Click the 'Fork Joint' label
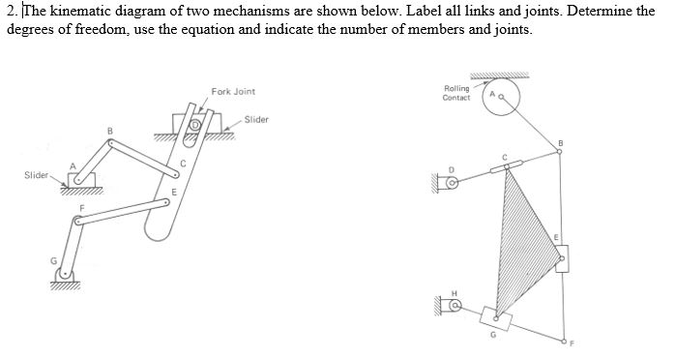pyautogui.click(x=232, y=92)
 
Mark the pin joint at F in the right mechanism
pyautogui.click(x=563, y=342)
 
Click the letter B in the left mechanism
pyautogui.click(x=109, y=131)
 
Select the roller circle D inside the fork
pyautogui.click(x=195, y=127)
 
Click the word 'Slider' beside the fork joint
pyautogui.click(x=256, y=119)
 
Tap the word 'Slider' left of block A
pyautogui.click(x=37, y=175)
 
